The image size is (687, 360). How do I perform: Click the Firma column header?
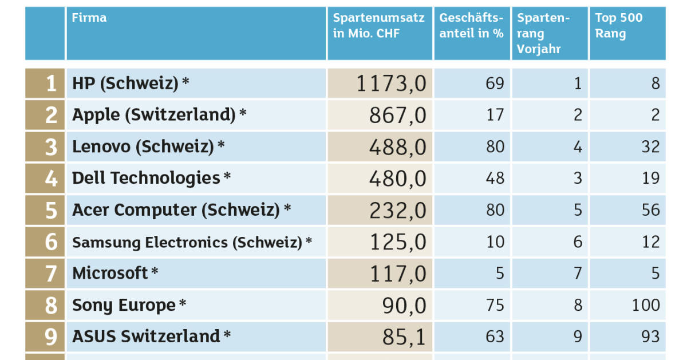89,18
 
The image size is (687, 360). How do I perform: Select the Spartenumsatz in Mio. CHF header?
378,26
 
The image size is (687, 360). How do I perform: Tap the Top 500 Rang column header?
618,26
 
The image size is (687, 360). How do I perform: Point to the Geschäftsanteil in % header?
471,26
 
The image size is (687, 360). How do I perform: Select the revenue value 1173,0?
392,84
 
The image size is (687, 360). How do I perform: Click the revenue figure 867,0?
397,116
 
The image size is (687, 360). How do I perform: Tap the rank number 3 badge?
51,147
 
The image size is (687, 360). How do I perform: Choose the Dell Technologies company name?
146,178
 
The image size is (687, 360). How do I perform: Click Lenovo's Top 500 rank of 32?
650,147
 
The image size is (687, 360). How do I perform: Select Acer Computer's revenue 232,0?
397,211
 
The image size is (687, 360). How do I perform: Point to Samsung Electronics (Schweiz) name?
187,242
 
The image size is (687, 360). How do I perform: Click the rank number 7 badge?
51,274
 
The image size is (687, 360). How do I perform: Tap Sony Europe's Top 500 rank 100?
646,305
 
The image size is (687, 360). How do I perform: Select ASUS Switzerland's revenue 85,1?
404,337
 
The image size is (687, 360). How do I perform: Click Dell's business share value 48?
495,179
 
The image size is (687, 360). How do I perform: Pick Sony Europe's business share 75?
495,305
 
